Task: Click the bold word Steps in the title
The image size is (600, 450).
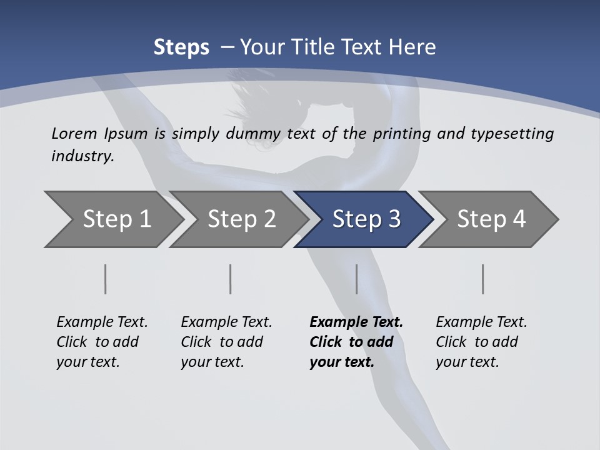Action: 181,47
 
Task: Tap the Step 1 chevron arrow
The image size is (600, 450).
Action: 116,219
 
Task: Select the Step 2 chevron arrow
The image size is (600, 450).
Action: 241,219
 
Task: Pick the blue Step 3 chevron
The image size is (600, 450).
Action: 366,219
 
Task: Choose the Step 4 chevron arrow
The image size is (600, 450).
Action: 491,219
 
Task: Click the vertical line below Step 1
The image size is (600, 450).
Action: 106,279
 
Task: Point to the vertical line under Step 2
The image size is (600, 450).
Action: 231,279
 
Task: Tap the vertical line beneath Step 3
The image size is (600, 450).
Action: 356,279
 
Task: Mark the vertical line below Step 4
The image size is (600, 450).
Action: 482,279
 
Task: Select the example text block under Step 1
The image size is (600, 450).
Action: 102,342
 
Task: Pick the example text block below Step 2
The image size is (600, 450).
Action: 226,342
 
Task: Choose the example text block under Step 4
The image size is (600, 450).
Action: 481,342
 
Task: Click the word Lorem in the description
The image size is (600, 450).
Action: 74,134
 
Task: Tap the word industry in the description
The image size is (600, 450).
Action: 82,156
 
